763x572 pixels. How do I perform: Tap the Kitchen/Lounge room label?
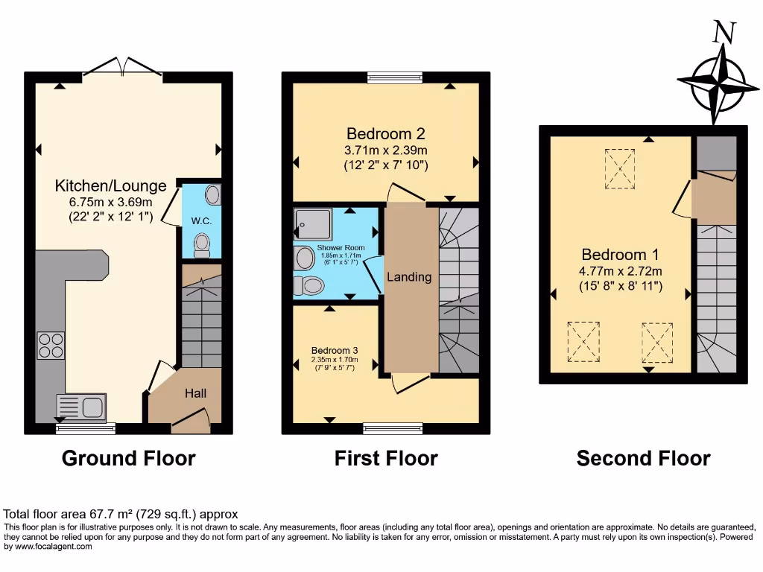(104, 185)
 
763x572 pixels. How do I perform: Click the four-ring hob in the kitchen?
(51, 345)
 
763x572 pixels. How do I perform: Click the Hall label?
(196, 393)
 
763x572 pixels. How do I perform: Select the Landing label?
(408, 277)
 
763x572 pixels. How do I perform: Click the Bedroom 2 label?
(385, 134)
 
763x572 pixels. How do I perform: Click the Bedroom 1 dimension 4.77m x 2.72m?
(621, 270)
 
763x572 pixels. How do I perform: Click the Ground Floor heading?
(128, 458)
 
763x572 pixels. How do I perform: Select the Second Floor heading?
(643, 458)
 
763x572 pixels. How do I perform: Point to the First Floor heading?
(386, 458)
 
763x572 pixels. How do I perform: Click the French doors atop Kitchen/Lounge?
(122, 68)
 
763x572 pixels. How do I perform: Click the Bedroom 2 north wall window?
(396, 77)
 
